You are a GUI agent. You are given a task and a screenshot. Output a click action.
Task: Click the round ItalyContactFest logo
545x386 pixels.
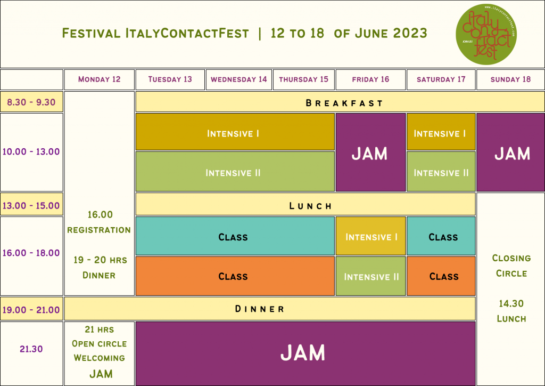[x=486, y=34]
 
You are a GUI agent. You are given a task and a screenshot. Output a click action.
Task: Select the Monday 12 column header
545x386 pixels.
[x=100, y=79]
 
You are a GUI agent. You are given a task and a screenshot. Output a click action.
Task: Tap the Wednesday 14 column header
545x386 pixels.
[x=239, y=79]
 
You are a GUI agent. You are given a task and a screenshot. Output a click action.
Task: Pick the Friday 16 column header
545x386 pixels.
[x=370, y=79]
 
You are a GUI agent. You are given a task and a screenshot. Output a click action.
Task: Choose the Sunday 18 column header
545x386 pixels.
[x=510, y=79]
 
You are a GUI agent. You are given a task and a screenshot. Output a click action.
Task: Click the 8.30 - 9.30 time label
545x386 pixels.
[x=31, y=102]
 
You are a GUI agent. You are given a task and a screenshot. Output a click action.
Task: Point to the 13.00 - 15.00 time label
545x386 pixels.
[x=31, y=205]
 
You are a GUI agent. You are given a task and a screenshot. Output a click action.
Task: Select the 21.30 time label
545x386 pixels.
[x=31, y=349]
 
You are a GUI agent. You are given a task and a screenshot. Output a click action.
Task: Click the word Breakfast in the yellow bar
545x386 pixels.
[x=344, y=103]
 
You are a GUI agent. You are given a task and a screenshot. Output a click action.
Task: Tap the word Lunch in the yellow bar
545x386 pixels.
[x=310, y=206]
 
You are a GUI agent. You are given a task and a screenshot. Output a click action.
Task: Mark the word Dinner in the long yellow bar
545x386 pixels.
[x=260, y=309]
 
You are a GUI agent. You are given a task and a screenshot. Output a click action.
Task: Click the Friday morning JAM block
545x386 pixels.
[x=370, y=152]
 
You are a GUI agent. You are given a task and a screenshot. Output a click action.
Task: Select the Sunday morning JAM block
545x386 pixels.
[x=510, y=152]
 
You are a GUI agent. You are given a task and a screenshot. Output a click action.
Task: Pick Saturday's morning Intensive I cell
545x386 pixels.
[x=441, y=132]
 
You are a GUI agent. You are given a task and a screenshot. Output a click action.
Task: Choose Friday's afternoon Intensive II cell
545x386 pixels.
[x=370, y=276]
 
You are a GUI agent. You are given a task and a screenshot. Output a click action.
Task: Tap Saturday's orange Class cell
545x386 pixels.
[x=441, y=276]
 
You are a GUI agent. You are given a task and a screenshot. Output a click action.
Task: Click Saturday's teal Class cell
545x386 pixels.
[x=441, y=236]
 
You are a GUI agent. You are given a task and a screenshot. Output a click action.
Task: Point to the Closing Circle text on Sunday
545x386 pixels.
[x=511, y=266]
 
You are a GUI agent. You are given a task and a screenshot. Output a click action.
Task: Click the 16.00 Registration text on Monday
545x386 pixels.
[x=99, y=222]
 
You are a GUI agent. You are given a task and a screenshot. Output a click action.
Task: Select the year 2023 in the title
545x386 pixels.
[x=410, y=34]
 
